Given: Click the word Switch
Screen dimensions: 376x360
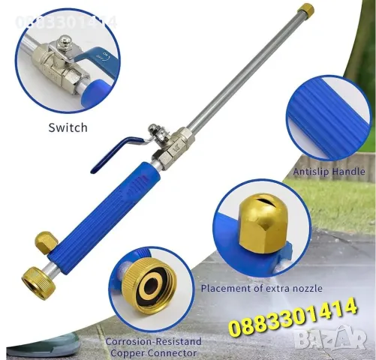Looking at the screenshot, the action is coord(68,127).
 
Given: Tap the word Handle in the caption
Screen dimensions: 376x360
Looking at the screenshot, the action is coord(350,172).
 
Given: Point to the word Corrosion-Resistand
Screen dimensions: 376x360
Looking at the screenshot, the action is coord(154,341).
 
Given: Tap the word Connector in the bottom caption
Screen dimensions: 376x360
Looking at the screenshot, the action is coord(173,353).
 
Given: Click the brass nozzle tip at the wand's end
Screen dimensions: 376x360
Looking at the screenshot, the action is coord(305,9).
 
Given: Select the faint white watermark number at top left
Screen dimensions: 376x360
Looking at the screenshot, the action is coord(66,22).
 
